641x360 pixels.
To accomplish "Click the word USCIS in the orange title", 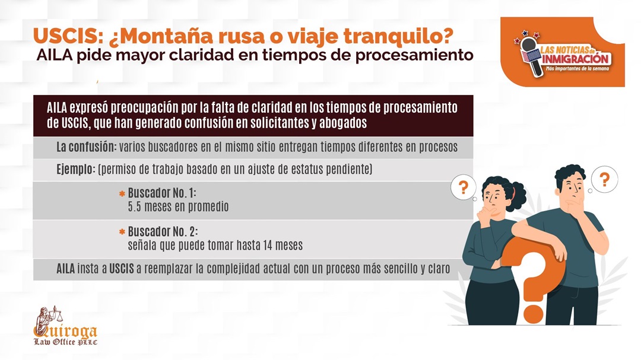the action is click(x=68, y=36).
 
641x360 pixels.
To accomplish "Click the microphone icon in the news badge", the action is click(x=530, y=56).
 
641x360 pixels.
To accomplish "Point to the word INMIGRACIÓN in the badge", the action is click(x=576, y=59).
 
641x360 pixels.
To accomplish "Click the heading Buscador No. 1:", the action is click(x=162, y=193).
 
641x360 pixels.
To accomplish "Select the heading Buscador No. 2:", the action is click(x=163, y=232).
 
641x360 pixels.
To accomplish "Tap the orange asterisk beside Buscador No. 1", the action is click(x=122, y=194).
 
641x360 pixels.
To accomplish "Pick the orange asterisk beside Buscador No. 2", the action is click(x=122, y=232).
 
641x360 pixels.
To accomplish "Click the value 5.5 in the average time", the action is click(x=135, y=207).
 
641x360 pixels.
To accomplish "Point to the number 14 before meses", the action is click(x=268, y=245).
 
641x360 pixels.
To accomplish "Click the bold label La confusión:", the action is click(x=86, y=147).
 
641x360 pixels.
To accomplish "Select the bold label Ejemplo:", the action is click(x=76, y=169).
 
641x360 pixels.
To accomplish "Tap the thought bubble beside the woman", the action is click(x=463, y=187).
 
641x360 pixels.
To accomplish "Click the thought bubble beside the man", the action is click(x=604, y=179).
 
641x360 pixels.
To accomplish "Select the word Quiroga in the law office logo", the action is click(x=65, y=330).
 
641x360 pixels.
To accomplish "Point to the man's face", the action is click(x=572, y=187).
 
